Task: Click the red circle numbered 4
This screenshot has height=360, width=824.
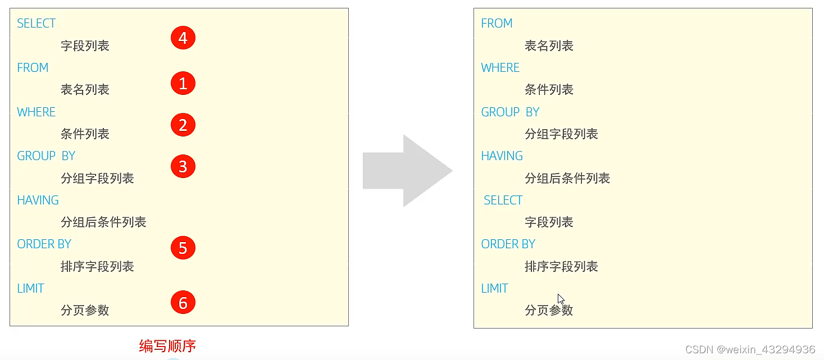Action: (183, 38)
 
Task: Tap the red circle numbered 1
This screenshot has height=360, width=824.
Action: (183, 84)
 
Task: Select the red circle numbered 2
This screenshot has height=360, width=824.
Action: (183, 125)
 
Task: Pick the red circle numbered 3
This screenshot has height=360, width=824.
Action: (183, 166)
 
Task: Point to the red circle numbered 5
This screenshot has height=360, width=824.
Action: (183, 248)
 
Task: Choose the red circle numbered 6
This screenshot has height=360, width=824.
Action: (183, 303)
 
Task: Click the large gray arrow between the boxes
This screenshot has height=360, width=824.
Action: (407, 171)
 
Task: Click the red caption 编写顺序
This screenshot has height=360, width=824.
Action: (167, 346)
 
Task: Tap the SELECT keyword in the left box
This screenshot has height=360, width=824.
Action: (36, 24)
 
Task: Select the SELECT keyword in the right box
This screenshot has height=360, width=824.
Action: (503, 200)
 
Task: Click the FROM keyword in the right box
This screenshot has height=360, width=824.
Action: (497, 24)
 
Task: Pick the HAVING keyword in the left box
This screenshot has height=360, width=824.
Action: (38, 200)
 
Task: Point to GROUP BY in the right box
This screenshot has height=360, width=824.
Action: (510, 112)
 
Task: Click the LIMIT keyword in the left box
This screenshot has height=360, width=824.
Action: (30, 289)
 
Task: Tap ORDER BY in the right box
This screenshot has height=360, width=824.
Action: (508, 244)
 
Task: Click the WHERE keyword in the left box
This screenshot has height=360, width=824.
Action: (36, 112)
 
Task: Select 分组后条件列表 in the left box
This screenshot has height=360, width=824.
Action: (103, 222)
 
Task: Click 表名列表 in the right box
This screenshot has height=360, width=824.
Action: (549, 46)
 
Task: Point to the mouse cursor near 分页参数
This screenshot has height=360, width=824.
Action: (561, 299)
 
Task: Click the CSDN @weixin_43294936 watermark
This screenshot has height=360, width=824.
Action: (750, 349)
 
